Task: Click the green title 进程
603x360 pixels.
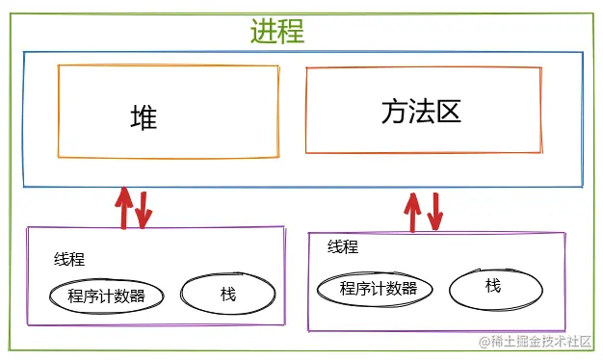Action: coord(277,31)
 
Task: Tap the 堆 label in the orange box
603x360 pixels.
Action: coord(144,117)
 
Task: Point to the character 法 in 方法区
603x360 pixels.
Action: coord(422,113)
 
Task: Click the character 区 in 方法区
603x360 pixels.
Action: coord(449,113)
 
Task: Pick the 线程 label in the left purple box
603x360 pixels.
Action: coord(69,259)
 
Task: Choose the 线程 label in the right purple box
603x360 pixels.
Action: coord(343,247)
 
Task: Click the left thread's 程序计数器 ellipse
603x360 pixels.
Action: coord(107,296)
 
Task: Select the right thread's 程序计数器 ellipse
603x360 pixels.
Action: coord(379,288)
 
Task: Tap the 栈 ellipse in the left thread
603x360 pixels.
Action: coord(227,294)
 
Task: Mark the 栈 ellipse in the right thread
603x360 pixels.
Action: coord(493,285)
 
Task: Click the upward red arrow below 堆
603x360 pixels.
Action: coord(123,208)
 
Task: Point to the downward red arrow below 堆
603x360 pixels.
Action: coord(144,210)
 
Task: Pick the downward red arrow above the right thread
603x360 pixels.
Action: coord(435,213)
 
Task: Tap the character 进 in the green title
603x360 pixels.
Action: coord(264,31)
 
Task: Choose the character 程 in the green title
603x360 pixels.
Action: coord(291,31)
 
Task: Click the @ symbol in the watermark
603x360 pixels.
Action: coord(485,342)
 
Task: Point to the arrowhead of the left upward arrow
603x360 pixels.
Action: coord(123,193)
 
